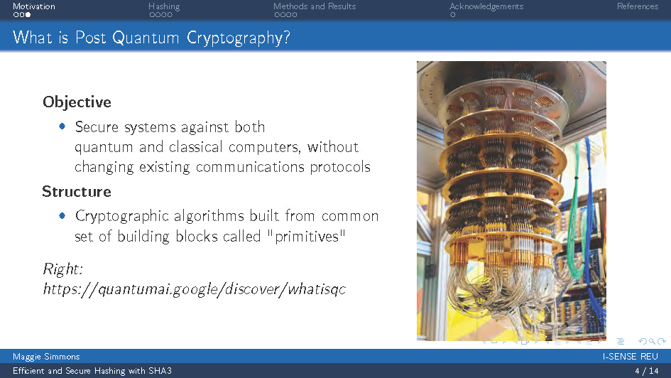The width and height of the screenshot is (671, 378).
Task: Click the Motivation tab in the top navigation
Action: pyautogui.click(x=33, y=6)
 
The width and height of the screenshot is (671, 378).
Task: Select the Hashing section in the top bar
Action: pyautogui.click(x=164, y=6)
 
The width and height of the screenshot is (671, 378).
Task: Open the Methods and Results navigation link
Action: pyautogui.click(x=315, y=6)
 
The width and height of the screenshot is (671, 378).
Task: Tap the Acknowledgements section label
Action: pyautogui.click(x=486, y=6)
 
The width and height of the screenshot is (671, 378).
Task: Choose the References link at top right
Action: pyautogui.click(x=637, y=6)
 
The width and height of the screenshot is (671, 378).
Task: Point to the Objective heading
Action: pyautogui.click(x=77, y=102)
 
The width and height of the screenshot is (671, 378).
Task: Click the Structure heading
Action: pyautogui.click(x=77, y=192)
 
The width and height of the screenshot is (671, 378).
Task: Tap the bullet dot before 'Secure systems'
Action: pyautogui.click(x=62, y=126)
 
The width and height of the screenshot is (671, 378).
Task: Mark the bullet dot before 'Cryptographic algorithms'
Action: pyautogui.click(x=62, y=215)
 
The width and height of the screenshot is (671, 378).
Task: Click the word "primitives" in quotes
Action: pyautogui.click(x=306, y=236)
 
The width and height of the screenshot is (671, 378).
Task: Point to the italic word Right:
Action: pyautogui.click(x=63, y=269)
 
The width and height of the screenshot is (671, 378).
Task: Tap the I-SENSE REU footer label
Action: pyautogui.click(x=630, y=356)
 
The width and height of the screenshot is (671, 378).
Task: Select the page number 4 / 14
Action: pyautogui.click(x=646, y=371)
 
